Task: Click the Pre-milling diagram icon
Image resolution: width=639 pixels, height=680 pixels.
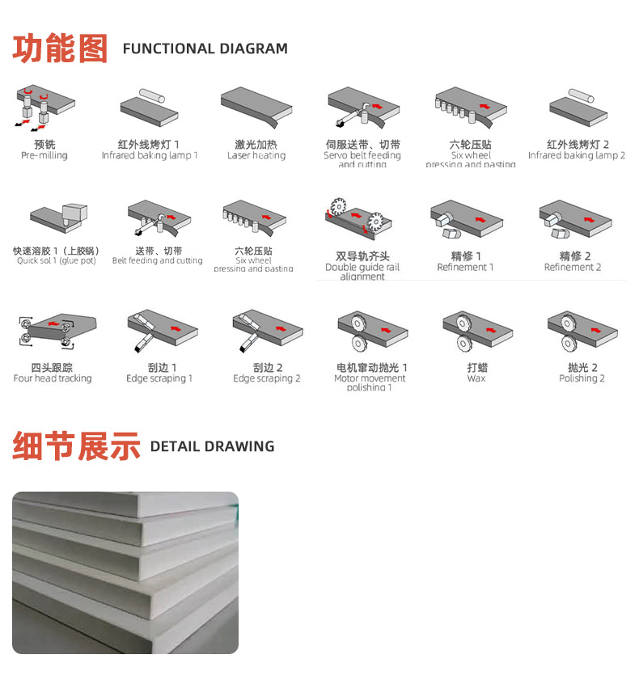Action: click(x=45, y=108)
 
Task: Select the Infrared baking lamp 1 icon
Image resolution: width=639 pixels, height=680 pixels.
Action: click(x=149, y=109)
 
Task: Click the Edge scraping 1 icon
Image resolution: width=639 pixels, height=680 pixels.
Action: click(x=159, y=331)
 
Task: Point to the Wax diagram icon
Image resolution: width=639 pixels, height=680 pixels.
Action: click(x=476, y=332)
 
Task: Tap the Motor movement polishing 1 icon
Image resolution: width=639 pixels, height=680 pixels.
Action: click(x=370, y=331)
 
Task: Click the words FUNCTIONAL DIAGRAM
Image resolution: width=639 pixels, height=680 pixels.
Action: click(x=205, y=49)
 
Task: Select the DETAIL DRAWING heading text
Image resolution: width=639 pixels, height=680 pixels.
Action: click(x=212, y=446)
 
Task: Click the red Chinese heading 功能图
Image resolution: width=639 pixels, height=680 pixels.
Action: click(x=60, y=48)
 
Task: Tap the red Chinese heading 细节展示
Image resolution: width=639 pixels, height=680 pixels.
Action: click(x=76, y=446)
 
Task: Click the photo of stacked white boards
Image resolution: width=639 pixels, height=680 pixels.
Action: click(x=125, y=572)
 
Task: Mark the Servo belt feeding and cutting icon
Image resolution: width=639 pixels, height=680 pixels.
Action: click(x=362, y=109)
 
